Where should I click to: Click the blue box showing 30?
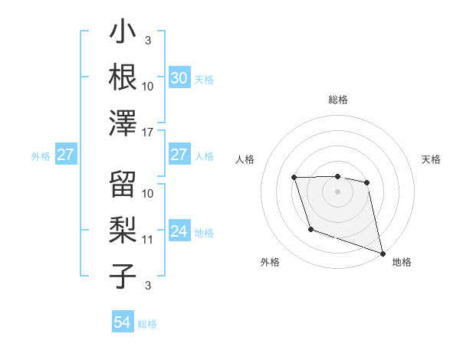[179, 78]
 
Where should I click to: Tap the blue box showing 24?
[179, 231]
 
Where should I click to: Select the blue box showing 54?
[123, 323]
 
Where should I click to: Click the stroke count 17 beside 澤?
[148, 132]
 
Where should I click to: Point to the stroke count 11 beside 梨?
[148, 239]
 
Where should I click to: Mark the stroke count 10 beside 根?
[148, 86]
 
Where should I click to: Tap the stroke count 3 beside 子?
[147, 286]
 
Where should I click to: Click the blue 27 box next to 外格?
[65, 155]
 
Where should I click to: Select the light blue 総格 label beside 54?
[147, 324]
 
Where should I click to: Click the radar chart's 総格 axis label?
[337, 100]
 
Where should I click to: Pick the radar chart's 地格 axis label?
[402, 262]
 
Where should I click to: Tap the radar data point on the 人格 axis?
[294, 178]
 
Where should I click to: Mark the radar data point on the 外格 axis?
[310, 229]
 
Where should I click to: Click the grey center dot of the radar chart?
[337, 191]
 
